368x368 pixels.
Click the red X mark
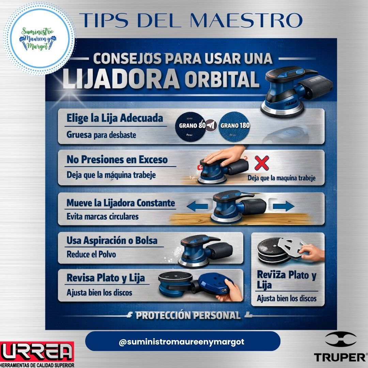click(262, 163)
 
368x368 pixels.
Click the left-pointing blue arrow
click(198, 206)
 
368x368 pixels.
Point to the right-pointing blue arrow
click(283, 206)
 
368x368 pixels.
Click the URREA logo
click(37, 352)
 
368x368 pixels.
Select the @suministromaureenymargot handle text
click(181, 342)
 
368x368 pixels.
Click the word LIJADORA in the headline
click(121, 79)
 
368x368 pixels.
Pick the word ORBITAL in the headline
click(222, 79)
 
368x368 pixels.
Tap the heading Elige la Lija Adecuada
click(115, 118)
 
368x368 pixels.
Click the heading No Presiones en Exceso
click(117, 159)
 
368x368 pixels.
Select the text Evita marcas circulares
click(103, 216)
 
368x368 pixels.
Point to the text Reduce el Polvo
click(91, 254)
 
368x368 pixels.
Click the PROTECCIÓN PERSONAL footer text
click(188, 315)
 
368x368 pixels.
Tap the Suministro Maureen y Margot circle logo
click(39, 38)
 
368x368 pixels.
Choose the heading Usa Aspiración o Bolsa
click(112, 241)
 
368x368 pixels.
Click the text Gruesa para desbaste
click(101, 135)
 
